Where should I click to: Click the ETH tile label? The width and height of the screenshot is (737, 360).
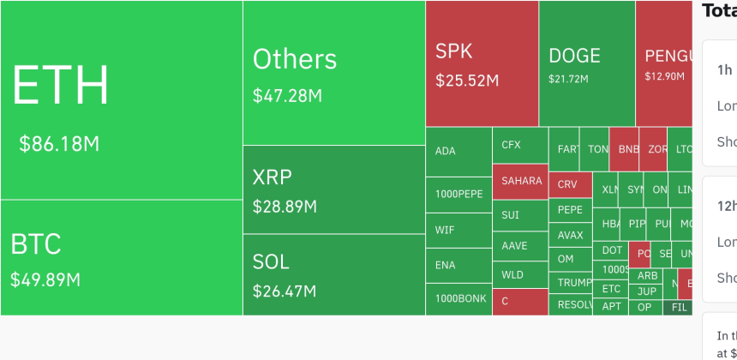click(x=61, y=86)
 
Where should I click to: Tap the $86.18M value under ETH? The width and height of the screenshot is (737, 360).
click(x=59, y=144)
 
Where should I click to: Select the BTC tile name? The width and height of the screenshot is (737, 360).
click(x=36, y=244)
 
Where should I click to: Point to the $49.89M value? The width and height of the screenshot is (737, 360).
click(x=45, y=279)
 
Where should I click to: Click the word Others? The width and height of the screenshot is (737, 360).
click(x=294, y=59)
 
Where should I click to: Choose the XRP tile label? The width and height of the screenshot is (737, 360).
click(x=273, y=177)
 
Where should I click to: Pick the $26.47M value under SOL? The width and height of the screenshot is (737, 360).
click(x=285, y=291)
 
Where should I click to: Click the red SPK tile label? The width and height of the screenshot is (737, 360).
click(x=453, y=51)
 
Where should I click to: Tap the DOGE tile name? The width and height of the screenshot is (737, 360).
click(x=574, y=57)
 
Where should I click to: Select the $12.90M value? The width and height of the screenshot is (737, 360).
click(x=665, y=76)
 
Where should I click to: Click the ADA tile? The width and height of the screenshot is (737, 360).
click(x=446, y=152)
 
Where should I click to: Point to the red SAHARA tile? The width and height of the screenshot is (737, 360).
click(x=521, y=181)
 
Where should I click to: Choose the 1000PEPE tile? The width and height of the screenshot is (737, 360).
click(x=458, y=195)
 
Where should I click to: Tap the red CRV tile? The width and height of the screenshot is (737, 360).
click(x=567, y=184)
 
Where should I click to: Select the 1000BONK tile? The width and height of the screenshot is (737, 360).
click(x=460, y=299)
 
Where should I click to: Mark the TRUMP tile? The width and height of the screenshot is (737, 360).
click(x=574, y=282)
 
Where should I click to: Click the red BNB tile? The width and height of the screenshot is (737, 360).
click(x=627, y=149)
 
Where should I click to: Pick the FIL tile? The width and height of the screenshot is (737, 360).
click(x=680, y=307)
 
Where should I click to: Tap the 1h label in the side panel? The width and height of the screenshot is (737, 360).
click(x=725, y=69)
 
